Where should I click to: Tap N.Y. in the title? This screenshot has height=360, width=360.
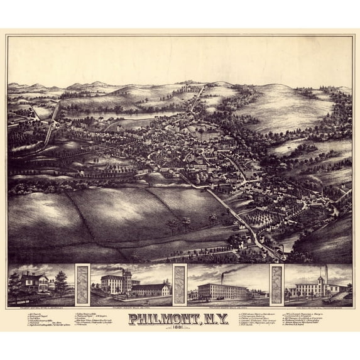click(x=217, y=319)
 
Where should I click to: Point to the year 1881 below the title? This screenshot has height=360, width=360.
click(x=180, y=329)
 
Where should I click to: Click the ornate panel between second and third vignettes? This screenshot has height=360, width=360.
click(x=180, y=285)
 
